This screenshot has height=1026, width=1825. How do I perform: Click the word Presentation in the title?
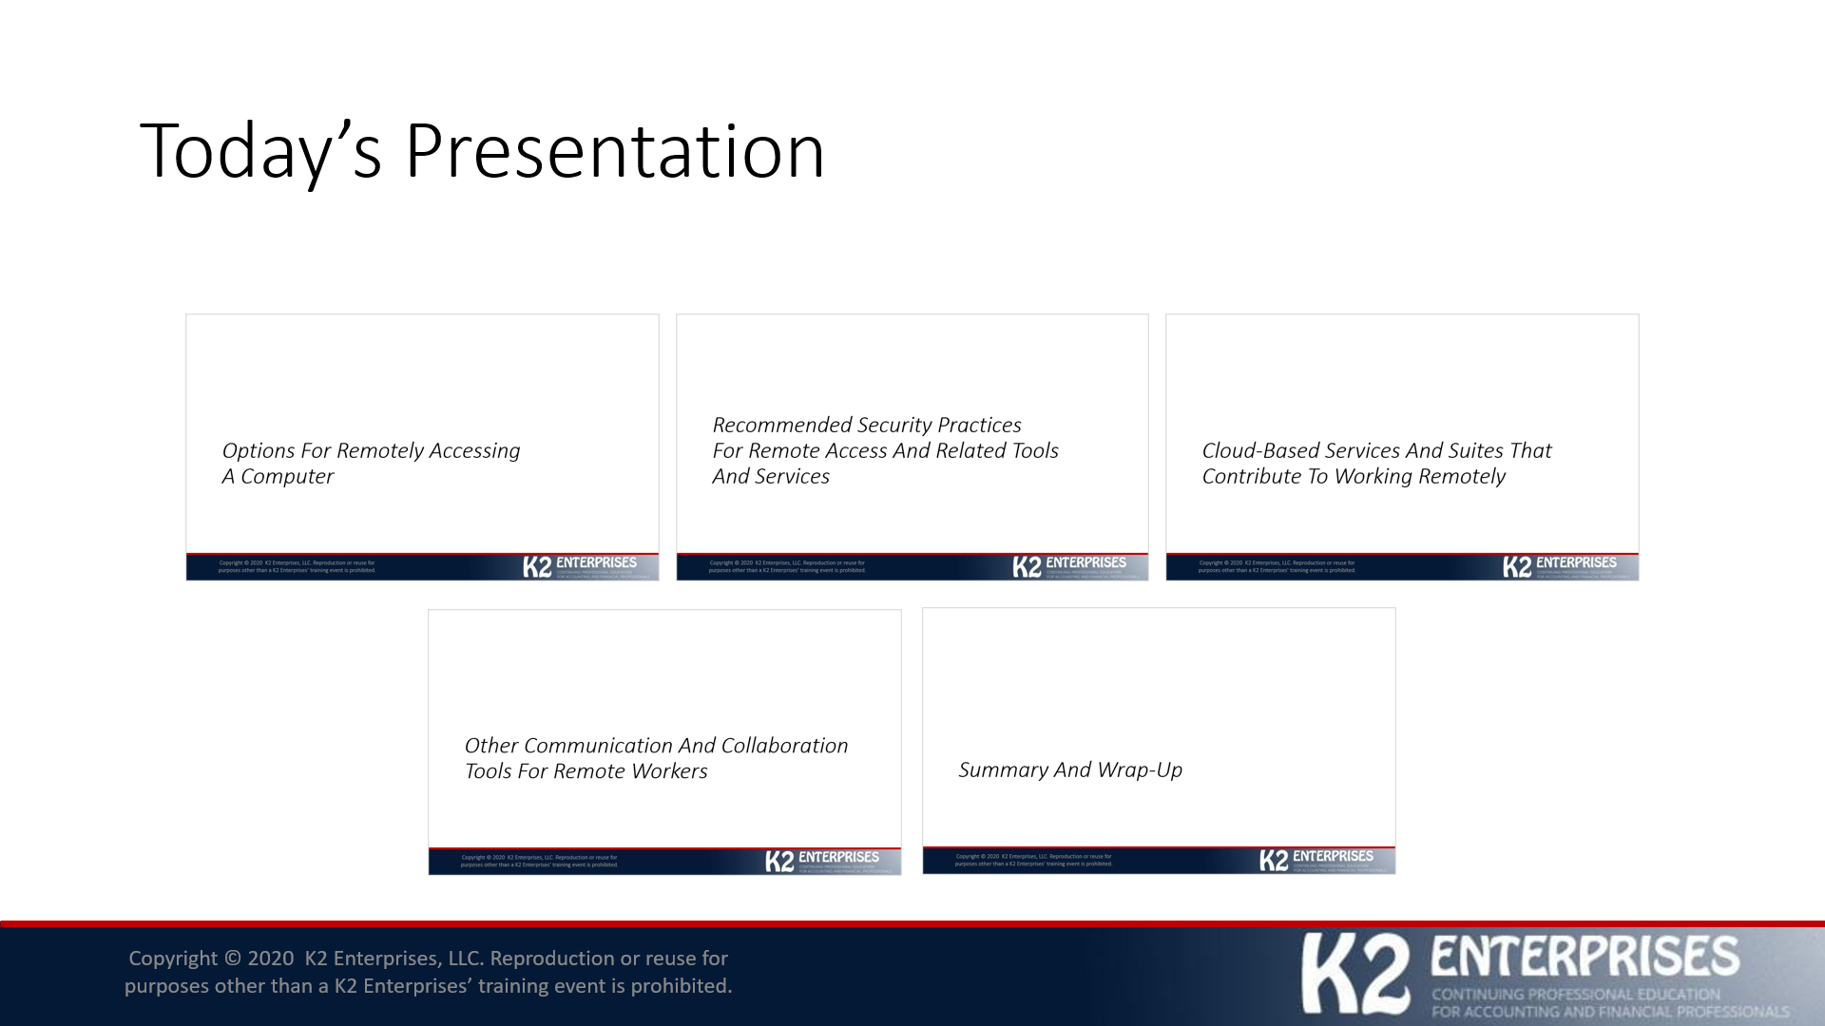click(x=614, y=150)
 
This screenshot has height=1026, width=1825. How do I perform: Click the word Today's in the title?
click(x=260, y=150)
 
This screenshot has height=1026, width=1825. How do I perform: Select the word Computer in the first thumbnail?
click(x=286, y=476)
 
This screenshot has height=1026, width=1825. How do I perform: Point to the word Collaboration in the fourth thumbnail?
click(x=783, y=746)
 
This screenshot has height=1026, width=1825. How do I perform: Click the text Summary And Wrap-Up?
click(x=1069, y=769)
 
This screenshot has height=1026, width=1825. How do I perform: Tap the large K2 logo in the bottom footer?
click(x=1355, y=973)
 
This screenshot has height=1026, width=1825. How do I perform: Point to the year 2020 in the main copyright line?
click(x=271, y=959)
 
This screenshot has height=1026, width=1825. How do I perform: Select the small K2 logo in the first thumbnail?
click(x=537, y=567)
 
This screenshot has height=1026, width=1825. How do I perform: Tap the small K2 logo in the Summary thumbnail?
click(x=1274, y=861)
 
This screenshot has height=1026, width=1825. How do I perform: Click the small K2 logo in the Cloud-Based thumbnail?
click(x=1517, y=567)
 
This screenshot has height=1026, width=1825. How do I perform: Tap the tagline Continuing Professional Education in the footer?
click(x=1575, y=995)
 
